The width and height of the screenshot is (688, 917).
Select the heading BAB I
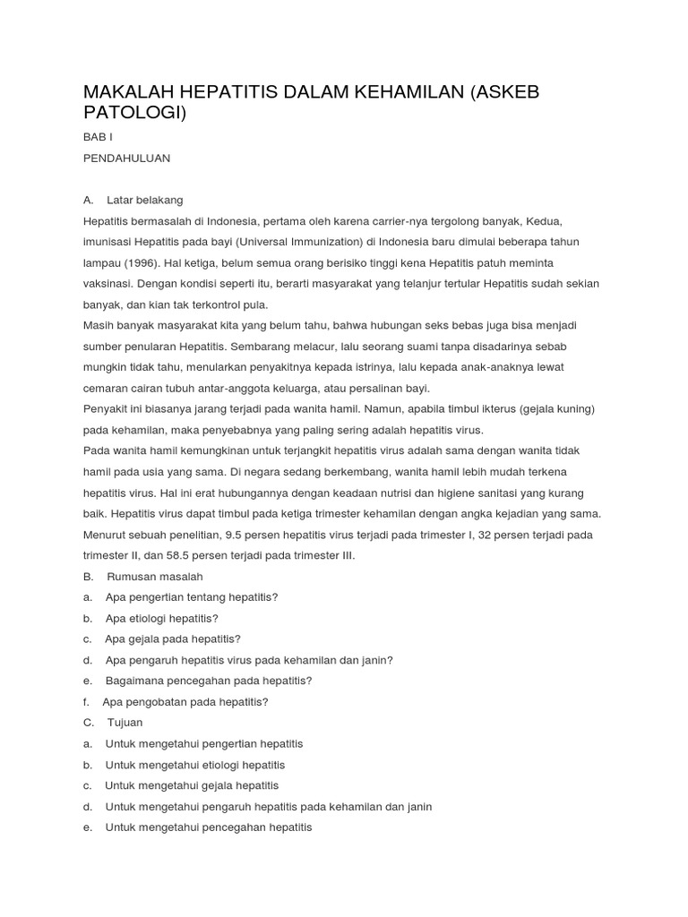(98, 137)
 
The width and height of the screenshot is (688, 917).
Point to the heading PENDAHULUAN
(126, 159)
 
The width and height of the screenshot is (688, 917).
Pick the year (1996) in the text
(142, 262)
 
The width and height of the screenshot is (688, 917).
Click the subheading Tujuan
(125, 723)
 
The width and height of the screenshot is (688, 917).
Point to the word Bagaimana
(133, 681)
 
